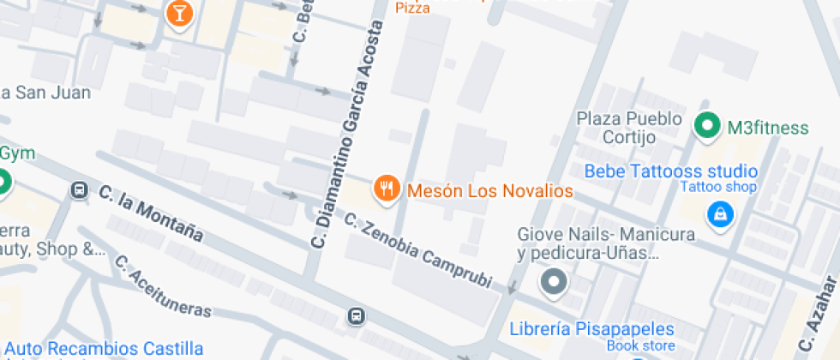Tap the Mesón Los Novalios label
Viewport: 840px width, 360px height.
(x=489, y=190)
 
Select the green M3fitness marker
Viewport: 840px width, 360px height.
(x=706, y=128)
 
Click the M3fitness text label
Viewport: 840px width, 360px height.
(x=767, y=129)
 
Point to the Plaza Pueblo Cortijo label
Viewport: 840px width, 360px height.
(x=629, y=128)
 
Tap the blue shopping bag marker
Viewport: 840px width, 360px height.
(x=718, y=214)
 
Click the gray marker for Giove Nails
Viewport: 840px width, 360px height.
(x=554, y=281)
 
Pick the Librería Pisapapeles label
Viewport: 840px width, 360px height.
(x=591, y=329)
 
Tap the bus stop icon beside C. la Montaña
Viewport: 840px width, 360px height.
(x=79, y=190)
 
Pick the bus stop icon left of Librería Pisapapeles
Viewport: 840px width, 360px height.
(x=356, y=316)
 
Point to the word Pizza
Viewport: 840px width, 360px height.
(x=413, y=8)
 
